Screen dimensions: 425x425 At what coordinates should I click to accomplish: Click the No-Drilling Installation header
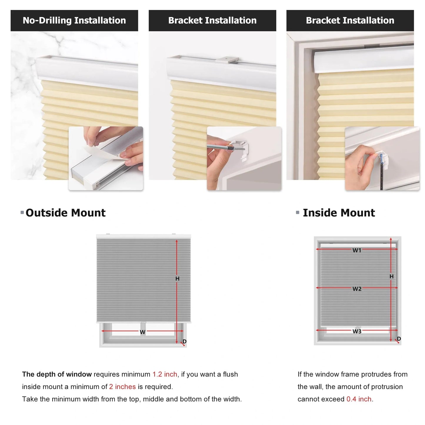pos(74,21)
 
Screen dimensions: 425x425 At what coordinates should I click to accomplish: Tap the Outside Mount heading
pos(65,213)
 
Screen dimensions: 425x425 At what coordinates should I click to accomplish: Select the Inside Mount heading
pos(339,213)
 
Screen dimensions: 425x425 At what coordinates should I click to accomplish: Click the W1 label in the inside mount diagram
pos(357,250)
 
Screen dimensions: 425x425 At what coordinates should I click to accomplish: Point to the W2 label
pos(357,289)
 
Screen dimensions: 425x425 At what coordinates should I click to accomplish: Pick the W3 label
pos(357,331)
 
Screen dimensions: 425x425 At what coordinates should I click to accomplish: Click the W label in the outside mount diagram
pos(143,332)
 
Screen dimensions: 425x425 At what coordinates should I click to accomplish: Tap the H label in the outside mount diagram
pos(177,279)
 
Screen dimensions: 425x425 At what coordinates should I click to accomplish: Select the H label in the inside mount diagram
pos(391,276)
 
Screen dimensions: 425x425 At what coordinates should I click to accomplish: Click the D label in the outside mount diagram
pos(184,341)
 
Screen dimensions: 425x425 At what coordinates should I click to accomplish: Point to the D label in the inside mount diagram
pos(399,339)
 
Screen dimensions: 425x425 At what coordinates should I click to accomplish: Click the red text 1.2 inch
pos(165,374)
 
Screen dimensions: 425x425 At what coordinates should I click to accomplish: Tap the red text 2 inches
pos(122,387)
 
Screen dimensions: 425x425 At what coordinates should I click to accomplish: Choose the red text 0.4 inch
pos(359,399)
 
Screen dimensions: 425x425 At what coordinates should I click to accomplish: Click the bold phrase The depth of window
pos(57,374)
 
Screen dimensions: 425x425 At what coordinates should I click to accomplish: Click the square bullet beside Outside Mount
pos(22,212)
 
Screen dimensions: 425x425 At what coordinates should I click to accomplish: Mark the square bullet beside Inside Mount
pos(298,212)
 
